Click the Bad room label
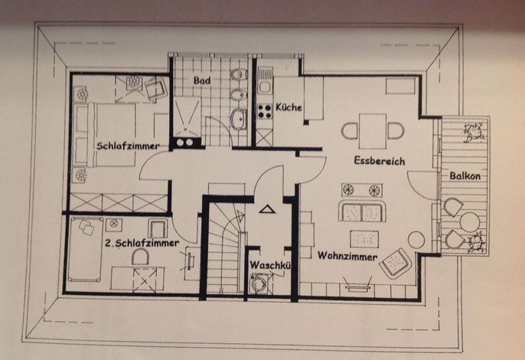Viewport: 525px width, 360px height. click(202, 80)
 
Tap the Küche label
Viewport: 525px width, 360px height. click(289, 107)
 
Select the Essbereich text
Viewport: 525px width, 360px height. click(380, 161)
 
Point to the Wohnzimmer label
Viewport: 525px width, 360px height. click(347, 256)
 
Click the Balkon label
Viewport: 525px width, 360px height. click(465, 176)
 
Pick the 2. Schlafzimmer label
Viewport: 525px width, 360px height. click(142, 243)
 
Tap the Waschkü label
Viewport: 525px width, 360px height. click(270, 265)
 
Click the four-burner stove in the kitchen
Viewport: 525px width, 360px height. click(265, 111)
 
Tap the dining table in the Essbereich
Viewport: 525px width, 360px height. click(373, 131)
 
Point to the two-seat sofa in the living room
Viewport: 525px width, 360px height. click(362, 211)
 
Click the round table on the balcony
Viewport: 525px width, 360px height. click(469, 222)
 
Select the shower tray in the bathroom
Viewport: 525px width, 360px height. click(187, 116)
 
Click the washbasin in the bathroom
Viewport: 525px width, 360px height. click(239, 119)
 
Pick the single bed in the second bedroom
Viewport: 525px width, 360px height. click(86, 250)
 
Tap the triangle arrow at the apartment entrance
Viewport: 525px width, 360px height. click(267, 210)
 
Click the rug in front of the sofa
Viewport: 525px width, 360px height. click(364, 239)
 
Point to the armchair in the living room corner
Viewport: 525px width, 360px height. click(396, 262)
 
